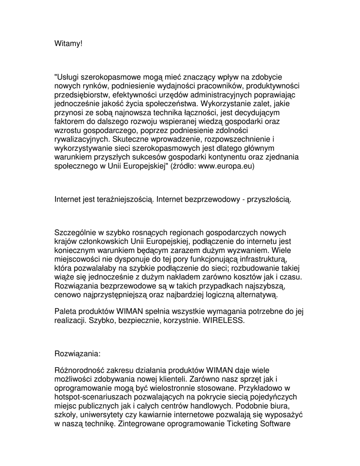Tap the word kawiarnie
[x=153, y=415]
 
